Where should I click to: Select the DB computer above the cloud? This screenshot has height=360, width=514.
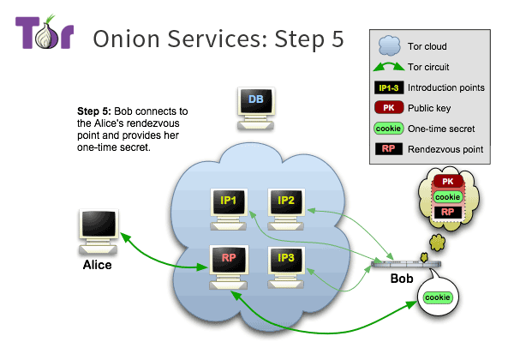[x=255, y=105]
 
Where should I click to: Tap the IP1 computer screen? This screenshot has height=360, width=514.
[x=229, y=201]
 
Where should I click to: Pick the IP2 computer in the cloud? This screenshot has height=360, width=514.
[x=285, y=201]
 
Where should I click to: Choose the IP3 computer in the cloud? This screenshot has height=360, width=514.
[x=285, y=258]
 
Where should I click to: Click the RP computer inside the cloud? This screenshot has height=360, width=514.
[x=229, y=258]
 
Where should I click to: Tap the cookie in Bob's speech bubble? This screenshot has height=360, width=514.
[x=437, y=297]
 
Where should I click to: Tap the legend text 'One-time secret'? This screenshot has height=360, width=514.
[x=446, y=129]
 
